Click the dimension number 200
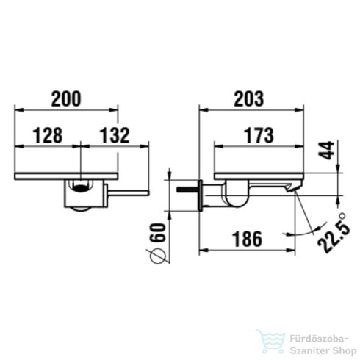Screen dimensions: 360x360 (x=65, y=98)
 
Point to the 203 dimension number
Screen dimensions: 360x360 (x=251, y=98)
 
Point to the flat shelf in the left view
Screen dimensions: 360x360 (x=67, y=176)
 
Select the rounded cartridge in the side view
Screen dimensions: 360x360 (x=236, y=195)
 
